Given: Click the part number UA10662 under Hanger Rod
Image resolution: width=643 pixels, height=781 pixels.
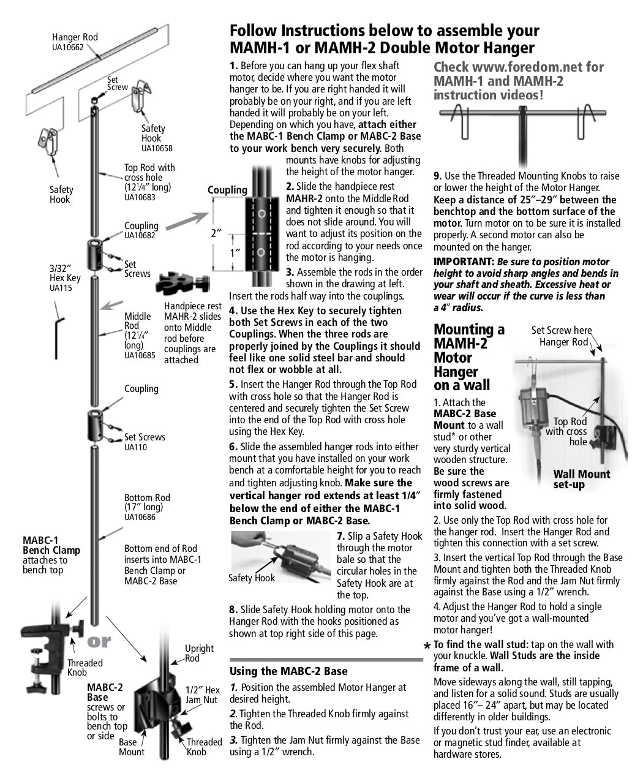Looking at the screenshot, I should [67, 47].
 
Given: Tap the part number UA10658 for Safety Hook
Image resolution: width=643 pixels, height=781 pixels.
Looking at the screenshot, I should [157, 148].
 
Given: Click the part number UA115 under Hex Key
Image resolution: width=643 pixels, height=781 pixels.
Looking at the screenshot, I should [61, 287].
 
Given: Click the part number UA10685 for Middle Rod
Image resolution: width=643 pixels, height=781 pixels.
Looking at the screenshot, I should [140, 355].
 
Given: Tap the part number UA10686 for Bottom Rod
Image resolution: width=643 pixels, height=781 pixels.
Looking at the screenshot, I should [140, 517].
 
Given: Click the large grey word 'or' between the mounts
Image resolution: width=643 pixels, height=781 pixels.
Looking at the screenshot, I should [99, 641].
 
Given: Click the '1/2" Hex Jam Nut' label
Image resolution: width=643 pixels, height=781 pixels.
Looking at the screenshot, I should [203, 695].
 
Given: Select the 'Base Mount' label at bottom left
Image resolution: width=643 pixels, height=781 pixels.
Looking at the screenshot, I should [132, 747].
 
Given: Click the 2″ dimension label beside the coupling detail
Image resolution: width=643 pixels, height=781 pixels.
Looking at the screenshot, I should [216, 233].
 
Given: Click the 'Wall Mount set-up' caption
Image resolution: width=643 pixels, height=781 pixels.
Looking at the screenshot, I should [581, 479].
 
